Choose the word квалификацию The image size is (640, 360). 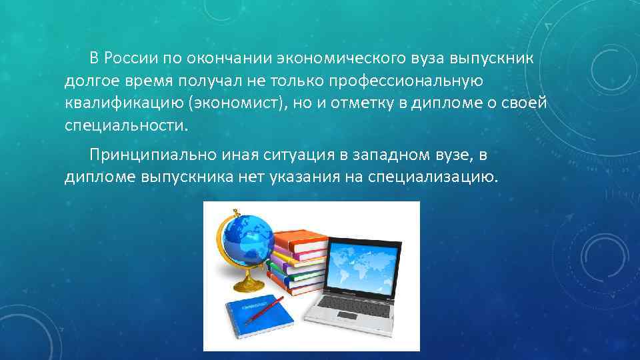pos(123,103)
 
